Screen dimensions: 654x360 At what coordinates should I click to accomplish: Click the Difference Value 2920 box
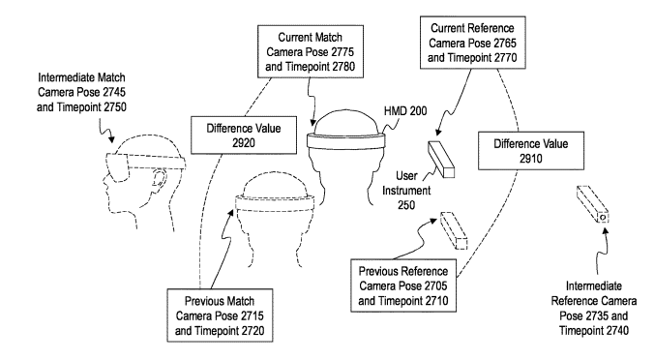pos(244,135)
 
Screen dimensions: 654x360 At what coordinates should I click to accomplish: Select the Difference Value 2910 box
pos(531,151)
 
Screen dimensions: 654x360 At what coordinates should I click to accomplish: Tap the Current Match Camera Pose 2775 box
pos(311,51)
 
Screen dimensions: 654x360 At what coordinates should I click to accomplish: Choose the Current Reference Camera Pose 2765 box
pos(472,43)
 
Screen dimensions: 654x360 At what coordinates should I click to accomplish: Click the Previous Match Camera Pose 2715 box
pos(220,315)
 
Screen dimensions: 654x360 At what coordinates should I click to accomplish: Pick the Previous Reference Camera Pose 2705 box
pos(403,285)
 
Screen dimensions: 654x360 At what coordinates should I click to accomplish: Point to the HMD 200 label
pos(405,111)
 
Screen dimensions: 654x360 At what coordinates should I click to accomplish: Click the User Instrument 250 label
pos(406,191)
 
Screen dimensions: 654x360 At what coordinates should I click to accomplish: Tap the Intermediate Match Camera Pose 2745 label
pos(81,92)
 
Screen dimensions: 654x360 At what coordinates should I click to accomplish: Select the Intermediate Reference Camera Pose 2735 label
pos(593,309)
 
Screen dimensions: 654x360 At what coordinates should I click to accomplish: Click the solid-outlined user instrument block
pos(441,160)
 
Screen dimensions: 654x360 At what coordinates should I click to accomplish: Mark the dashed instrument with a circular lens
pos(593,204)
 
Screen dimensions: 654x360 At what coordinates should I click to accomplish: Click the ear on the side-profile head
pos(159,179)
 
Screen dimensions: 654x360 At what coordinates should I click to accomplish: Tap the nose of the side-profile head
pos(105,180)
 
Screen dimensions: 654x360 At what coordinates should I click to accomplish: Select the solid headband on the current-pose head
pos(346,141)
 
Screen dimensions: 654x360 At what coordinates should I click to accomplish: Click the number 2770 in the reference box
pos(503,57)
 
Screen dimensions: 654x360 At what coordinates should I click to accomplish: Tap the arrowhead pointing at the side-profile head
pos(111,139)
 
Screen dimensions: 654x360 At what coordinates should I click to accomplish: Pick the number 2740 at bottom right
pos(614,331)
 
